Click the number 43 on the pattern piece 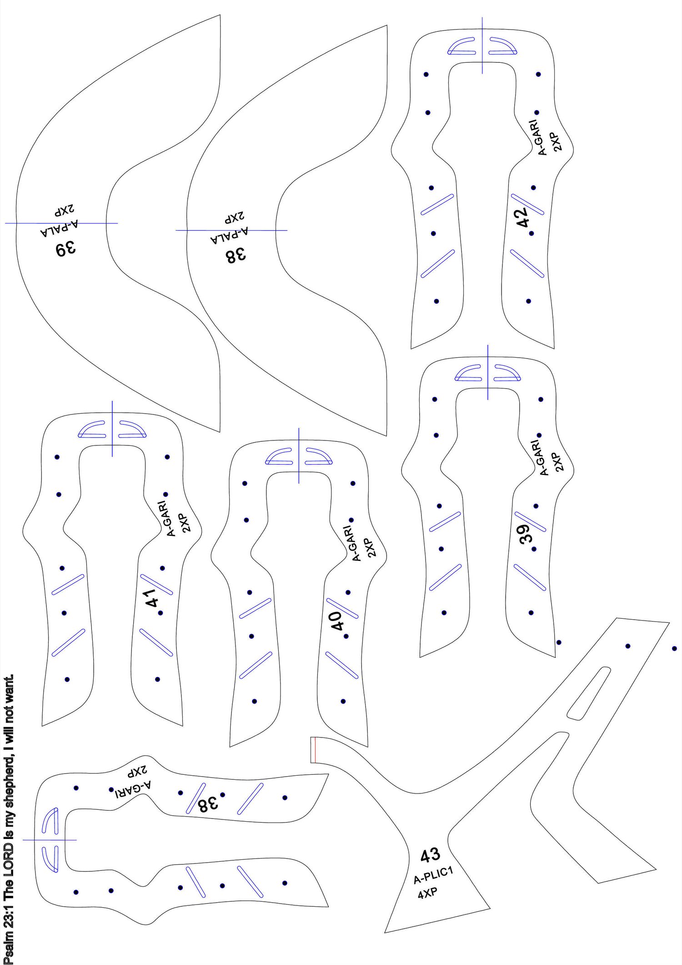pyautogui.click(x=430, y=855)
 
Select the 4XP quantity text pyautogui.click(x=427, y=892)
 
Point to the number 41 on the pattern pyautogui.click(x=152, y=597)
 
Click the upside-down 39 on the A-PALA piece pyautogui.click(x=66, y=249)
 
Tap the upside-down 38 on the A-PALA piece pyautogui.click(x=236, y=255)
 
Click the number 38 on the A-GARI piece pyautogui.click(x=208, y=804)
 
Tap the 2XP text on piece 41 pyautogui.click(x=186, y=523)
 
